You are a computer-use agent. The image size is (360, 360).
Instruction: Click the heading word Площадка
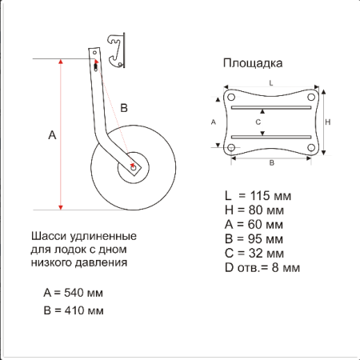(253, 63)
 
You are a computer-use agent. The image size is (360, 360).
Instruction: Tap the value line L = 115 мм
(258, 196)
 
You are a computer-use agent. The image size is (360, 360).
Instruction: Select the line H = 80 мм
(254, 210)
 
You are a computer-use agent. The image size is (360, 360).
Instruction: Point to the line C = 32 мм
(254, 254)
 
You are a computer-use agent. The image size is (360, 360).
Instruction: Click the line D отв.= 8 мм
(262, 268)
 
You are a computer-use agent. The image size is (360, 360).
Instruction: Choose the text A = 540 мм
(73, 293)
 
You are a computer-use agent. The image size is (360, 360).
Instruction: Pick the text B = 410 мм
(74, 310)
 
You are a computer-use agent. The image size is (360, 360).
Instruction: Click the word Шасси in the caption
(49, 236)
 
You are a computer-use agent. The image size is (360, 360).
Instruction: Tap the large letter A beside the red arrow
(52, 135)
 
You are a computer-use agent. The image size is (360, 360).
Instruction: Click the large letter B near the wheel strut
(124, 108)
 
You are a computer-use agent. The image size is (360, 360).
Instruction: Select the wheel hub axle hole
(134, 168)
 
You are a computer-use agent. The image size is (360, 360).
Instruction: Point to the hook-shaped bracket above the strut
(116, 50)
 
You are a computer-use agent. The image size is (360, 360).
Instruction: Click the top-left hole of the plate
(231, 97)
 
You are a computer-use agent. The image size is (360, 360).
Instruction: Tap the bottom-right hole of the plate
(311, 147)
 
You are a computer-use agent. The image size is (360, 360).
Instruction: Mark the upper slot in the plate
(271, 107)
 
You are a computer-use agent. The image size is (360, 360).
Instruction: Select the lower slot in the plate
(271, 137)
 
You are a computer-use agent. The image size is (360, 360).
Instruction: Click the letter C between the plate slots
(258, 122)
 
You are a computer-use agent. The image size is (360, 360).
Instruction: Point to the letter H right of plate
(328, 122)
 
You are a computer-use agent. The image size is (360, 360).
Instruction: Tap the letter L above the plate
(271, 83)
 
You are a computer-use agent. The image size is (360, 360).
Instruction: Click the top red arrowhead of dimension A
(61, 62)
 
